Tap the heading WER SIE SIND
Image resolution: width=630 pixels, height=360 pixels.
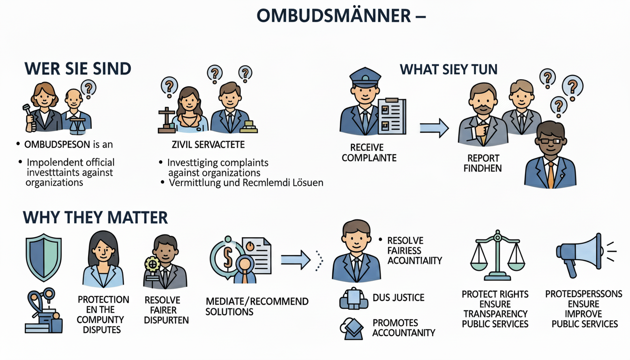point(77,69)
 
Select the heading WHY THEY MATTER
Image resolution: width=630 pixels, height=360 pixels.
point(95,218)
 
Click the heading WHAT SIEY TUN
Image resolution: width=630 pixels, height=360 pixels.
point(448,70)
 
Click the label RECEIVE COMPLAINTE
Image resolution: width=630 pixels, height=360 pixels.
point(369,153)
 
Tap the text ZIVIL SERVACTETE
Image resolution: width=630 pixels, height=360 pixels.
point(209,145)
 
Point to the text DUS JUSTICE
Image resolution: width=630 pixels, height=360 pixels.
point(398,297)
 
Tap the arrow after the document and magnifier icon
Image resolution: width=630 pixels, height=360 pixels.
point(295,257)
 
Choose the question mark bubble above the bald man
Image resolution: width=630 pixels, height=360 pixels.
point(88,87)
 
